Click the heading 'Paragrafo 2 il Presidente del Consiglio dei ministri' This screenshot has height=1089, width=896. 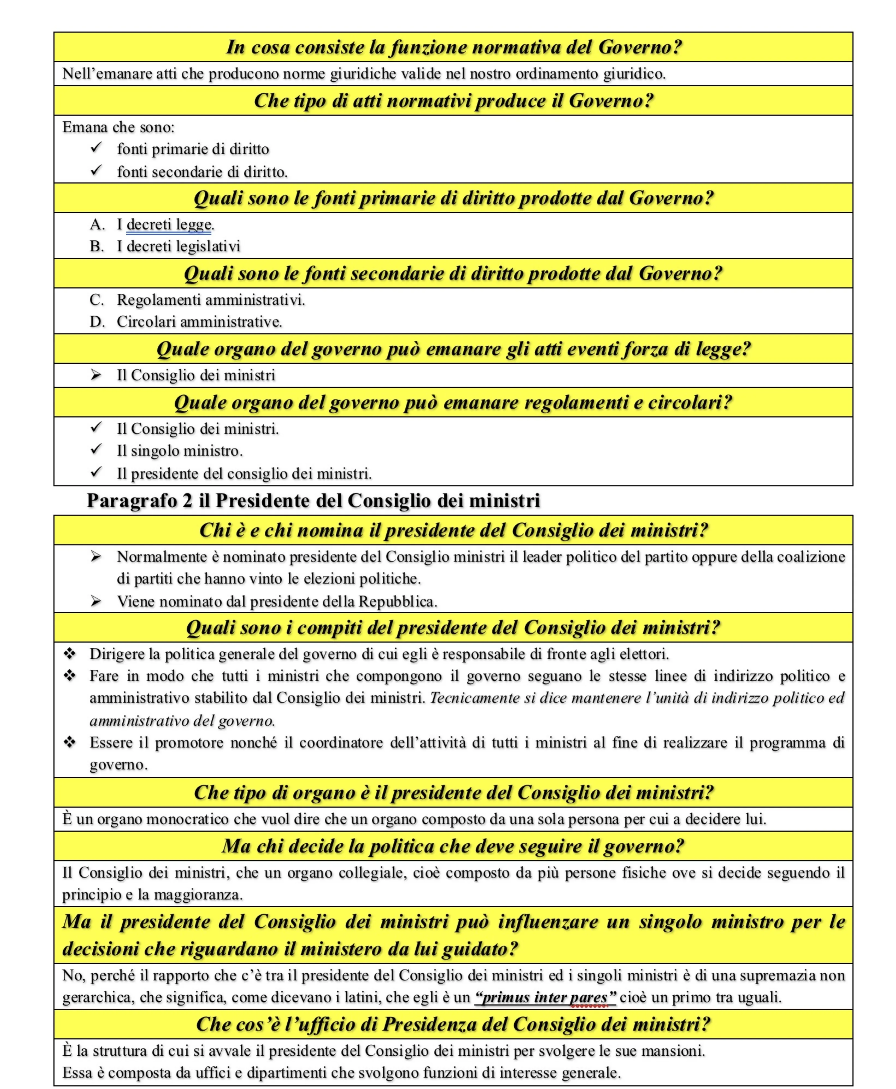(x=313, y=501)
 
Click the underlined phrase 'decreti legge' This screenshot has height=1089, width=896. (x=169, y=225)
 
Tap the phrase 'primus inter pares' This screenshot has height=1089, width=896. (x=545, y=997)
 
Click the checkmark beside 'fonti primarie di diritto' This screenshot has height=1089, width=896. (x=96, y=148)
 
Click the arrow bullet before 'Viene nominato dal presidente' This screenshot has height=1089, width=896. (x=96, y=601)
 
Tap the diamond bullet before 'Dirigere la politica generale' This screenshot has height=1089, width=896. (x=70, y=654)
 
